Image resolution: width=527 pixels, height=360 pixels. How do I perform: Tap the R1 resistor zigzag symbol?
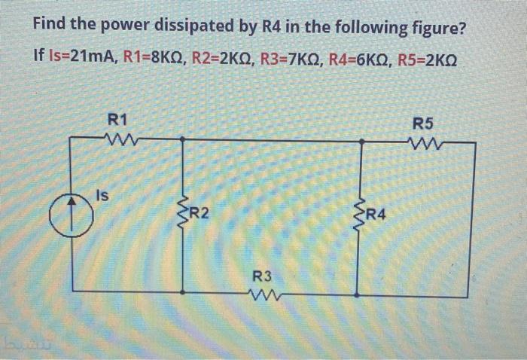118,138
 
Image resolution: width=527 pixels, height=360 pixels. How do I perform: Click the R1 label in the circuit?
118,119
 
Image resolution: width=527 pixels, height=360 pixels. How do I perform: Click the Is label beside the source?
102,195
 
